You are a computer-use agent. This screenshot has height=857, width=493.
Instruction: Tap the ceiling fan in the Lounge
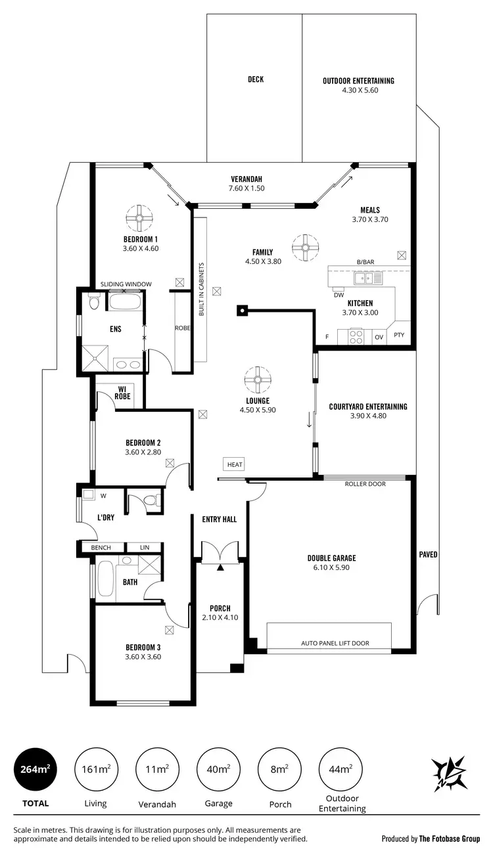coord(257,380)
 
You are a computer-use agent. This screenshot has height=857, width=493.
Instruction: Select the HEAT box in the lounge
coord(235,464)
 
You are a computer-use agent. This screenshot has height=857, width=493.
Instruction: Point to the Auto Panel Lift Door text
coord(335,644)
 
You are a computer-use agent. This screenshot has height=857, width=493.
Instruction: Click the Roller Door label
coord(365,484)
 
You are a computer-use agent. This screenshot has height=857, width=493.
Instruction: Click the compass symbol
coord(450,773)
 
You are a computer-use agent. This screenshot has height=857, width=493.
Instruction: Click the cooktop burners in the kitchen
coord(356,336)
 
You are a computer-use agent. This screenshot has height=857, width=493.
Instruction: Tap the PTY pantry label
coord(399,336)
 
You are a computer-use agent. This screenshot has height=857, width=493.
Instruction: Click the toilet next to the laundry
coord(151,501)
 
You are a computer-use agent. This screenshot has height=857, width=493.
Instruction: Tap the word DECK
coord(256,79)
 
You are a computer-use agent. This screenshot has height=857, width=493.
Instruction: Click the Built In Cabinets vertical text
coord(202,289)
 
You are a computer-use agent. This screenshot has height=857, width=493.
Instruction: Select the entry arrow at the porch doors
coord(221,566)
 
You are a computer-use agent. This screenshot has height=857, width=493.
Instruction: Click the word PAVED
coord(428,555)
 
